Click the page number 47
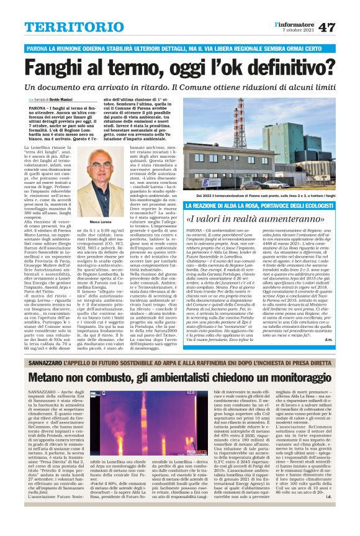coord(344,27)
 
